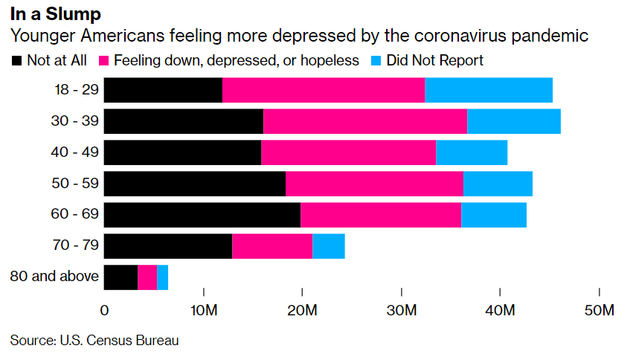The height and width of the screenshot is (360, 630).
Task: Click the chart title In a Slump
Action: click(x=56, y=13)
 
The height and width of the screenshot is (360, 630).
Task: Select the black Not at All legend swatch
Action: click(x=16, y=60)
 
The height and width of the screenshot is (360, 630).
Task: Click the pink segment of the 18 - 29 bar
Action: click(x=324, y=90)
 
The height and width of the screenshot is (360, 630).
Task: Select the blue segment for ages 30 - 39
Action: click(x=514, y=121)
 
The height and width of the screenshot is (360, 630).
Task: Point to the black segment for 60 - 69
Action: click(x=202, y=215)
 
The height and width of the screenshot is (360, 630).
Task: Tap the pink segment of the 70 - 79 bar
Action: click(x=272, y=246)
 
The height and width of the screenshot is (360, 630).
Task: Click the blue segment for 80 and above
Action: click(x=163, y=277)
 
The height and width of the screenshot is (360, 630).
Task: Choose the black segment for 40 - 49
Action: click(x=182, y=152)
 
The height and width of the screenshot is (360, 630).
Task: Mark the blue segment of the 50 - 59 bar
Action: click(x=498, y=184)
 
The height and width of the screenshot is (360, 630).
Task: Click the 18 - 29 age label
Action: click(x=77, y=90)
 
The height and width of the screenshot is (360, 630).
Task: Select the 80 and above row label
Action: click(x=54, y=277)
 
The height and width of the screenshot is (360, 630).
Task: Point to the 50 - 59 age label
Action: click(x=77, y=184)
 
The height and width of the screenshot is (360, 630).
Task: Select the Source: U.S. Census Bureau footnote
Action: click(x=94, y=341)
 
